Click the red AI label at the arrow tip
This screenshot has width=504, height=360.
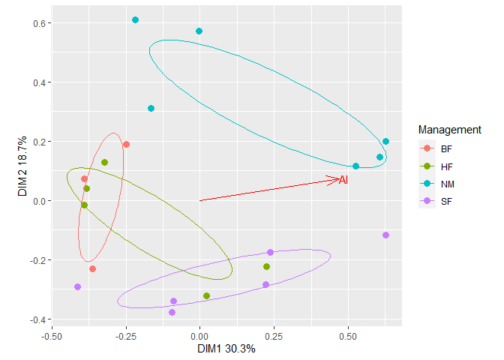click(x=343, y=180)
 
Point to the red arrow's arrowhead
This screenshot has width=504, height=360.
click(x=337, y=178)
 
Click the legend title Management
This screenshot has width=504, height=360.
click(x=450, y=130)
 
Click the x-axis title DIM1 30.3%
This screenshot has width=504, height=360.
click(x=226, y=349)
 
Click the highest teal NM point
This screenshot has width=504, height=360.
click(x=135, y=20)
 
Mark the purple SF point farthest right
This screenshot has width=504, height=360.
click(x=385, y=235)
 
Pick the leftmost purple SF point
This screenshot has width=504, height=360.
click(x=78, y=287)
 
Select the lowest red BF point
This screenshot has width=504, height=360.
click(x=92, y=268)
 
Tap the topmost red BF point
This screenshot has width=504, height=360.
click(x=126, y=145)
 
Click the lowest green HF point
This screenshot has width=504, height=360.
click(x=207, y=296)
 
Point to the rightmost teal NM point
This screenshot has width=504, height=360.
click(x=385, y=142)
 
